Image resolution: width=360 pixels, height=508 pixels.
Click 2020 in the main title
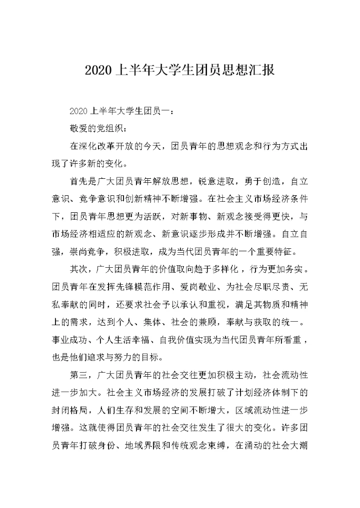coord(98,69)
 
